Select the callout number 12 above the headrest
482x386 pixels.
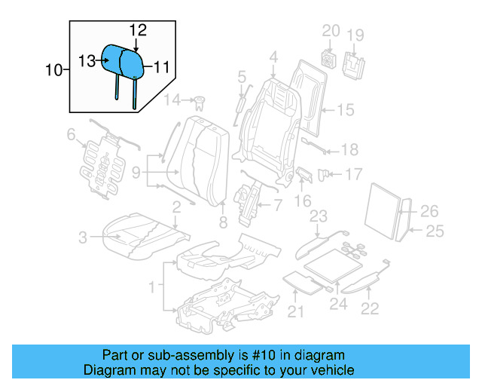pos(137,29)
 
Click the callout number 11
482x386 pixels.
pos(161,67)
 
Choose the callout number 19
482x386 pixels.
pos(355,35)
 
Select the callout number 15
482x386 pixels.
pos(344,110)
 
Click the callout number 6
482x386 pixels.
pos(71,135)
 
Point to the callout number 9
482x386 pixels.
pos(136,173)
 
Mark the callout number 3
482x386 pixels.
pos(83,239)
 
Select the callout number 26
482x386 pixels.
pos(429,210)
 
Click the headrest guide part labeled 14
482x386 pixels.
pos(200,101)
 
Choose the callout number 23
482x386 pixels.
pos(319,217)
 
